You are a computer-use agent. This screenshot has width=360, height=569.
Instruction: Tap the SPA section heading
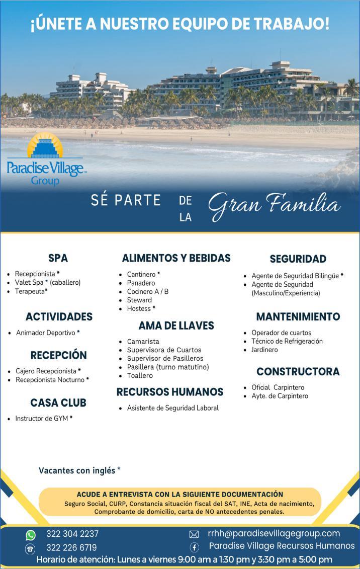(58, 259)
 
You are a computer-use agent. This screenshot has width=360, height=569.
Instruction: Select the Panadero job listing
(141, 283)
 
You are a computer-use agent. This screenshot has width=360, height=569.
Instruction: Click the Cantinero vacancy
(143, 275)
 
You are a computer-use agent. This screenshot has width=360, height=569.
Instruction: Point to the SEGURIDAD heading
(298, 259)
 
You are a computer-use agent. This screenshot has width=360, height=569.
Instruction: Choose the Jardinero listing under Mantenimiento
(264, 350)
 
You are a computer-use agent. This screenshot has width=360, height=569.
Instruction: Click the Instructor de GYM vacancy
(43, 419)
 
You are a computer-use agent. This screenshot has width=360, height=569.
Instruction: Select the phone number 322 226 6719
(71, 547)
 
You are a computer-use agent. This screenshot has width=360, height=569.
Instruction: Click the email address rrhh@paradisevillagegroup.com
(274, 534)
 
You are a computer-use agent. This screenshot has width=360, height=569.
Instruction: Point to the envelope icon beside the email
(194, 534)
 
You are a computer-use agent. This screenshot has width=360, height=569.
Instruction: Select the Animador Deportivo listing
(47, 333)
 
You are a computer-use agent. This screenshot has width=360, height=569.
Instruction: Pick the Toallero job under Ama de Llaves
(140, 376)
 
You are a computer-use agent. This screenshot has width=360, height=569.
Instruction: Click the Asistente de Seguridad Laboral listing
(172, 408)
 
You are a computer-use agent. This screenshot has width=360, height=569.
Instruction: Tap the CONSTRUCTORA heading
(298, 372)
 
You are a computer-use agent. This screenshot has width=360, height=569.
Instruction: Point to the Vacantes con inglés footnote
(79, 471)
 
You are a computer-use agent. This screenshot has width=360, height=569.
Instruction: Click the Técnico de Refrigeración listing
(287, 342)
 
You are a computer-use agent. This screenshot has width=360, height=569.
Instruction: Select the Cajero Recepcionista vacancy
(48, 371)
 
